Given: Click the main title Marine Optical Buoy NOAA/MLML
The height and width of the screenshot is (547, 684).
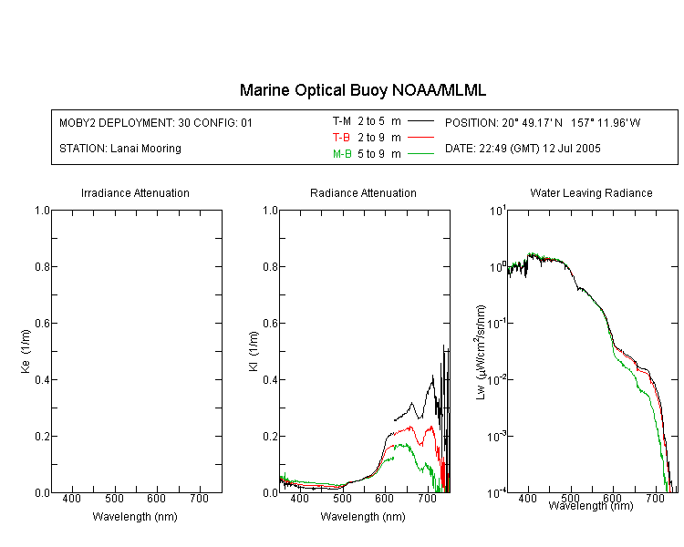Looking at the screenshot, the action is point(362,90).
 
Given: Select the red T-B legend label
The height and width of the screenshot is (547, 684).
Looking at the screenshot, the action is point(341,138).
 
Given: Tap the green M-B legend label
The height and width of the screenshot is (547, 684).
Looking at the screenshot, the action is point(342,154).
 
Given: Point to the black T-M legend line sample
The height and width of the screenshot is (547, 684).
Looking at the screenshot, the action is point(420,121).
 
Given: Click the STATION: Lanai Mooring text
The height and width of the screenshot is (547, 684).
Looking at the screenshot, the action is point(120,149).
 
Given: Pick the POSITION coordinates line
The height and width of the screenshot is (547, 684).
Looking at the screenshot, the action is point(543,122).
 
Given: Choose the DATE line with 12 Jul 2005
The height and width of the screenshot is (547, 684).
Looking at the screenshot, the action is point(523,149).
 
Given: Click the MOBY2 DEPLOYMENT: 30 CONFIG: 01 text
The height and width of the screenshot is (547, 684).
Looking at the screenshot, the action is point(156,122).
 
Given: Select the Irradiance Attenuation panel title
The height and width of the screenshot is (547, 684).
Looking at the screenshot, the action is point(135,192).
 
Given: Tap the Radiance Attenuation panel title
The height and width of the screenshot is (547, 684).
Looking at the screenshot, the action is point(363,192).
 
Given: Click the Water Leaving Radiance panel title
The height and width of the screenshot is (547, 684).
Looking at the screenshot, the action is point(591,192).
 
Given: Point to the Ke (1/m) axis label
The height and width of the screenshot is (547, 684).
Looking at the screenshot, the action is point(26,351).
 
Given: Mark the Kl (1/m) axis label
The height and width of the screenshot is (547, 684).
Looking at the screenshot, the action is point(254,352).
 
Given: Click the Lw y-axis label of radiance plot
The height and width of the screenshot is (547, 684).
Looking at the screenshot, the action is point(481,352).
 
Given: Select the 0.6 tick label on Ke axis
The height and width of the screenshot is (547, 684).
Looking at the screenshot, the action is point(42,324).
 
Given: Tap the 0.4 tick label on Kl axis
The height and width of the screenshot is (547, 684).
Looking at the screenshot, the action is point(270,380).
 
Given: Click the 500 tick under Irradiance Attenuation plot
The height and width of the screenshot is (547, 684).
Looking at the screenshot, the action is point(114,498).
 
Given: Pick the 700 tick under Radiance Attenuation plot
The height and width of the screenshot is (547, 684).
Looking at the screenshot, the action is point(427,498).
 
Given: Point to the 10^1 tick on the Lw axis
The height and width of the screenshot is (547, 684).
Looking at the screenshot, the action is point(497,211).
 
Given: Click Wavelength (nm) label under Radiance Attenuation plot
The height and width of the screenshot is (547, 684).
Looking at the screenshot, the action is point(363,517).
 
